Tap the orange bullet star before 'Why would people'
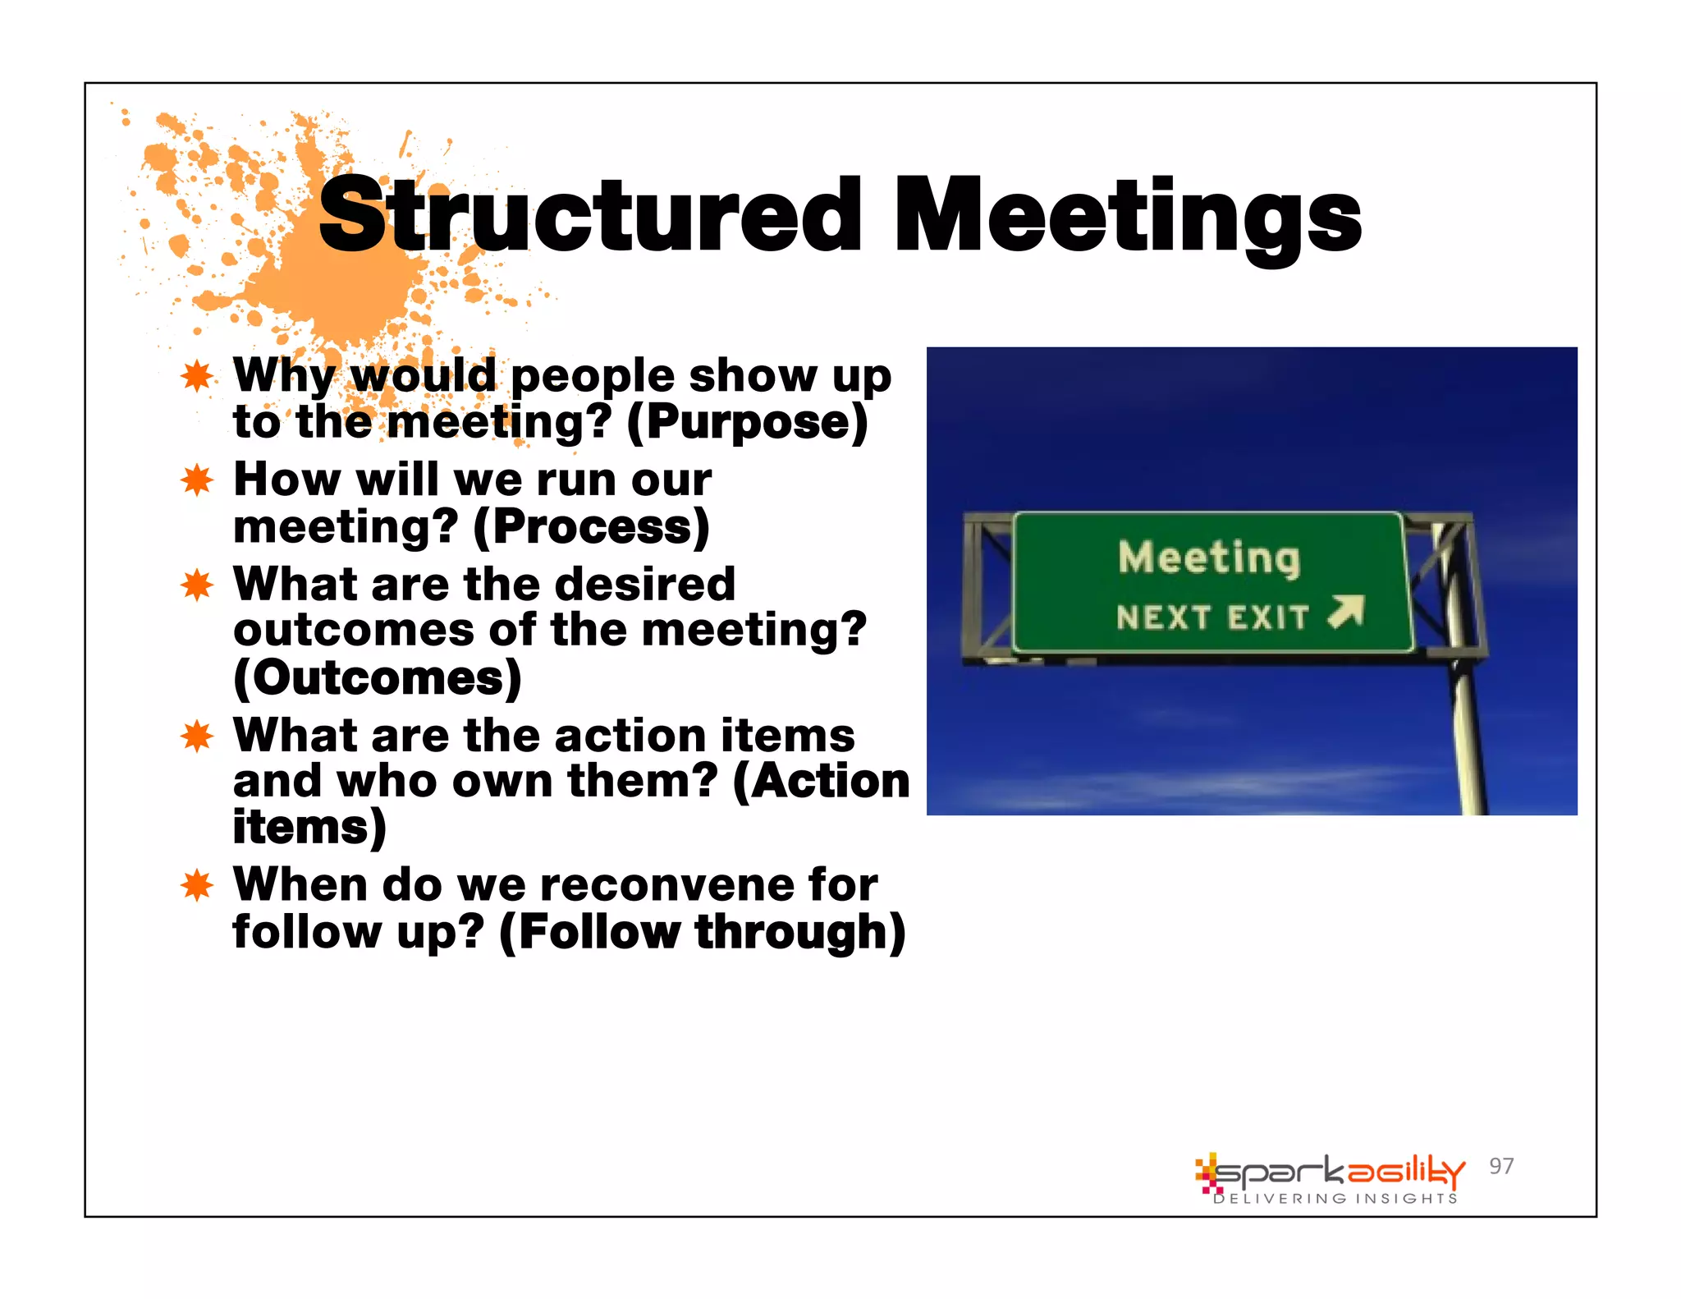(x=197, y=376)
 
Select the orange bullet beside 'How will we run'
(x=197, y=480)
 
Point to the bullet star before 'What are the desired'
(x=197, y=585)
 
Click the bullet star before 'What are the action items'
(x=197, y=736)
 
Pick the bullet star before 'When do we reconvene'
(x=197, y=885)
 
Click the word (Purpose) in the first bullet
(x=747, y=423)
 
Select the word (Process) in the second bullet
(x=591, y=527)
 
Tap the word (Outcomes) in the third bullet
(x=378, y=678)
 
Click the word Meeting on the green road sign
(x=1209, y=558)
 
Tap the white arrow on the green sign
(x=1346, y=613)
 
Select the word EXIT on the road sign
(x=1268, y=617)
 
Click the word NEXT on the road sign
(x=1164, y=617)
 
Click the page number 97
(x=1501, y=1166)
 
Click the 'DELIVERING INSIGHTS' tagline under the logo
(x=1335, y=1199)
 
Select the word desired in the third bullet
(x=644, y=585)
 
